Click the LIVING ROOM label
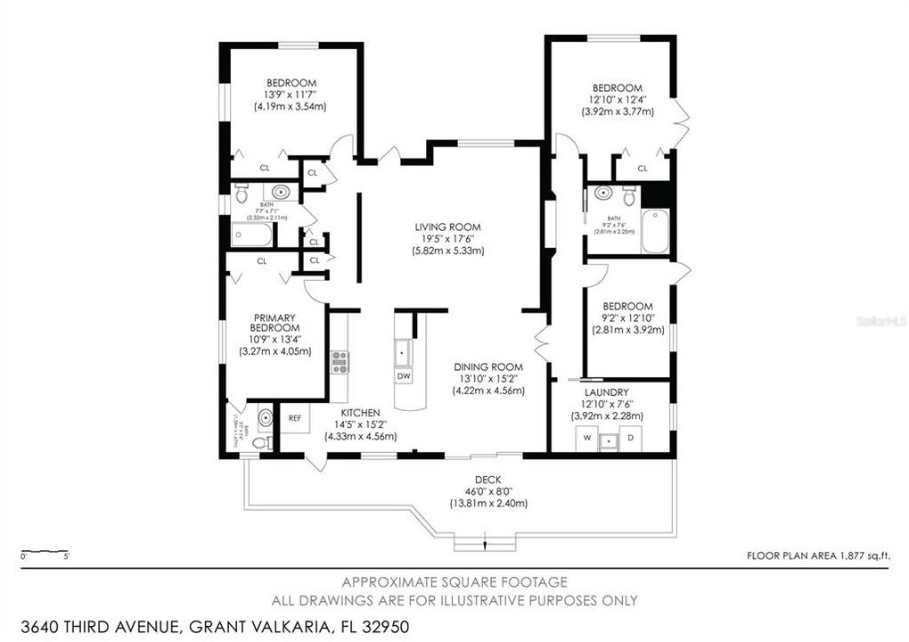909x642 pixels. [447, 227]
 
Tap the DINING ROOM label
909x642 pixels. [487, 366]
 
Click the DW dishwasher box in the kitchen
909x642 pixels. [404, 376]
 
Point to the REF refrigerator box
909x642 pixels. [294, 417]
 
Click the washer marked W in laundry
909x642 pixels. [586, 439]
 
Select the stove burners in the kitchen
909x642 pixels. [340, 360]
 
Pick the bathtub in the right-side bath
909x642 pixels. [655, 231]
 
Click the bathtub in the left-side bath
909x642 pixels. [252, 235]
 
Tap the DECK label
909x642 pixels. [487, 479]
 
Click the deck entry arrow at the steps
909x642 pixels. [484, 544]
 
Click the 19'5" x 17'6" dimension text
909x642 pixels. [447, 239]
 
